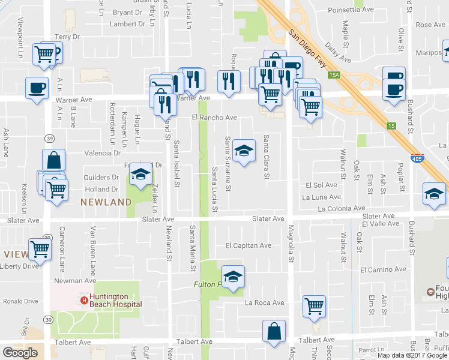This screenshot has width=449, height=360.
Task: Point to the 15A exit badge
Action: click(x=334, y=75)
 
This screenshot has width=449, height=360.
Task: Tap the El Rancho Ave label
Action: click(x=214, y=118)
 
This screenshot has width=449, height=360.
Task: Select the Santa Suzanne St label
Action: click(x=228, y=163)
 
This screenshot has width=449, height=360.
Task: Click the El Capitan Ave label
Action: click(x=249, y=245)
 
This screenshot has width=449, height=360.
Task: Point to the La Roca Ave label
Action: click(x=264, y=303)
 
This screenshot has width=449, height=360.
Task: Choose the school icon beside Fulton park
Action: click(x=233, y=276)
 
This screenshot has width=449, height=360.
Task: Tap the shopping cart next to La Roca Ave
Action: click(x=314, y=305)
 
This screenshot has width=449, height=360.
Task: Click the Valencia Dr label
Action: click(x=103, y=153)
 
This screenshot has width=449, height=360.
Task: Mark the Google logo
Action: click(x=20, y=353)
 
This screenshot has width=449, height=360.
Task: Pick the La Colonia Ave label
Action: click(x=341, y=209)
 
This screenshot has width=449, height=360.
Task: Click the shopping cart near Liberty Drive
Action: click(x=40, y=248)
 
